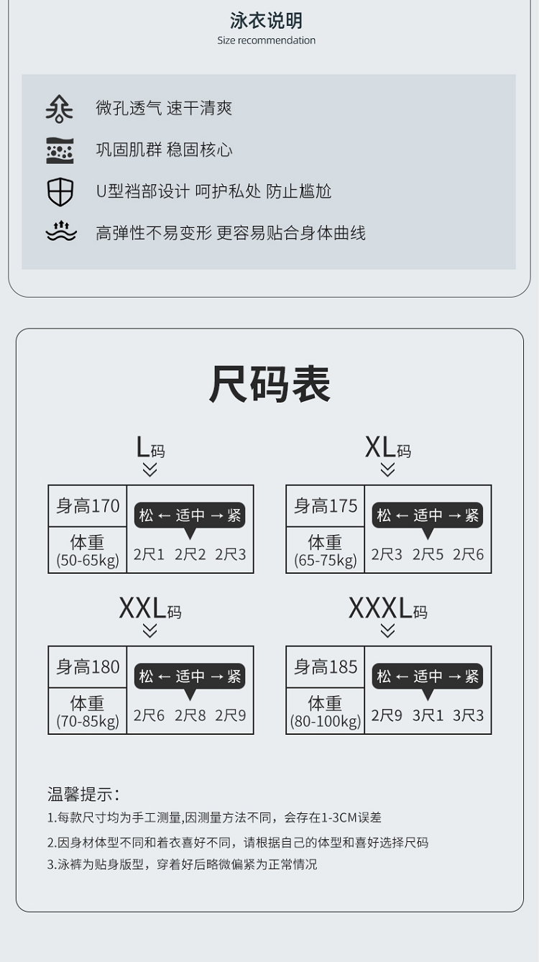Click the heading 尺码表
click(269, 384)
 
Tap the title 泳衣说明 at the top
click(267, 20)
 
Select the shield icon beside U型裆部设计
click(60, 192)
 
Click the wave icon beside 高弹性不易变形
click(60, 232)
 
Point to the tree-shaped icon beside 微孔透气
click(59, 109)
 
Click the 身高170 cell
click(88, 506)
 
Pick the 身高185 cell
click(326, 667)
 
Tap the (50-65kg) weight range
click(88, 561)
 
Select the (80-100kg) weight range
click(326, 721)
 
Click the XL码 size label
click(387, 448)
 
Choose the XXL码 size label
click(149, 609)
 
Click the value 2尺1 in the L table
click(149, 554)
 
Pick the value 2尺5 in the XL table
click(428, 554)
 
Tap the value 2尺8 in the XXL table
click(190, 715)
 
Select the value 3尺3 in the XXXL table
click(469, 715)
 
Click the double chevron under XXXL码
click(387, 631)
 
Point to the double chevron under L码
click(149, 469)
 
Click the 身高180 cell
click(88, 667)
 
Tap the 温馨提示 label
click(83, 794)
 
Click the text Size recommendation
click(267, 40)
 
